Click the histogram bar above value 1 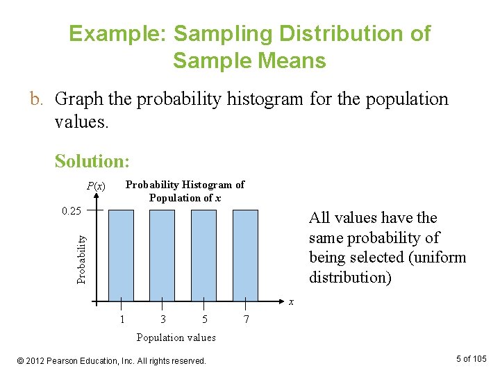[121, 256]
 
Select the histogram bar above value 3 [162, 256]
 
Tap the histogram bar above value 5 [204, 256]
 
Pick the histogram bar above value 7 [245, 256]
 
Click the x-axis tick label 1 [122, 319]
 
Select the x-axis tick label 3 [162, 319]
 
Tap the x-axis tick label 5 [204, 319]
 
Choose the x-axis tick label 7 [245, 319]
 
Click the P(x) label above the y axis [96, 186]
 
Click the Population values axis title [176, 337]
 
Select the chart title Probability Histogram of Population [185, 191]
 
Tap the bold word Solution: [92, 161]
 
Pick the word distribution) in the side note [350, 278]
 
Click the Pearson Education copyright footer [112, 360]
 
